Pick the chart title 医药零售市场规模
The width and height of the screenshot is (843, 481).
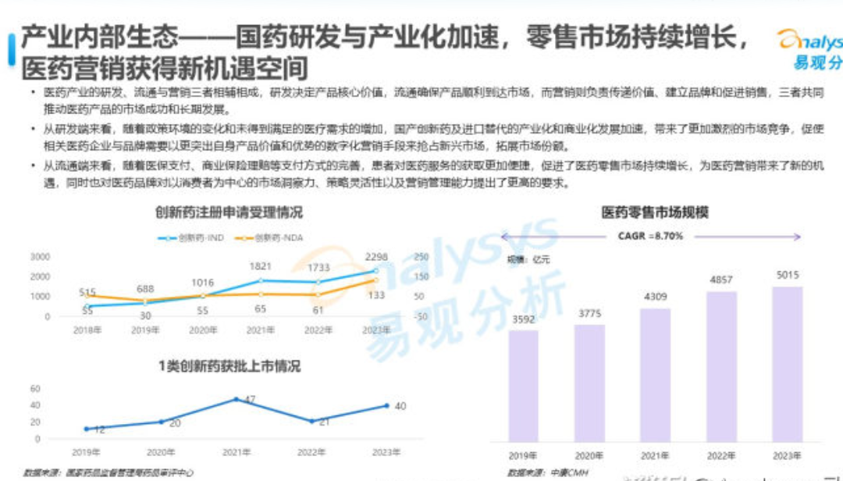coord(654,212)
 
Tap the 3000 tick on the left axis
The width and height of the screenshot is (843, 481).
coord(41,257)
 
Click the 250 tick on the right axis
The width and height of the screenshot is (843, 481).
coord(421,257)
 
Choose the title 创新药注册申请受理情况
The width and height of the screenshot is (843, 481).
coord(229,212)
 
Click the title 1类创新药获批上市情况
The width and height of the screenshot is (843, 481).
coord(229,366)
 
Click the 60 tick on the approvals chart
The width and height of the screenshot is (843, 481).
coord(35,388)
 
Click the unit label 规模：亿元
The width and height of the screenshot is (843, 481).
coord(529,259)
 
